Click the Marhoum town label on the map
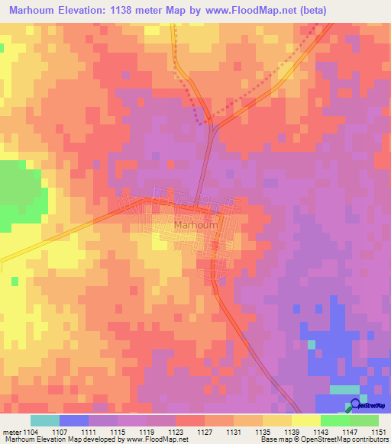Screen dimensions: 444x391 coord(196,226)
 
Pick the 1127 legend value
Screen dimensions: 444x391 coord(204,432)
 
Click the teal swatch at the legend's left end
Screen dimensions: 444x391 coord(45,420)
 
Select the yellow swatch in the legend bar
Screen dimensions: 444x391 coord(306,420)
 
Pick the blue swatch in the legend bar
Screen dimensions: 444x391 coord(74,420)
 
